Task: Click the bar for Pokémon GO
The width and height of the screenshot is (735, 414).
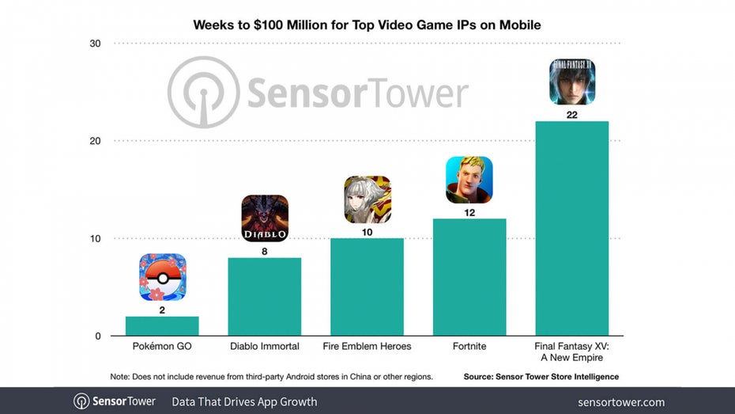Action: click(x=162, y=326)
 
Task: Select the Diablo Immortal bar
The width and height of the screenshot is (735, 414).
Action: click(x=264, y=297)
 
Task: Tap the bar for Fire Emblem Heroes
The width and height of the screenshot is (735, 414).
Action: click(x=367, y=287)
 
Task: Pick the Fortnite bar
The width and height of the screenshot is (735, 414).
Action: click(x=469, y=277)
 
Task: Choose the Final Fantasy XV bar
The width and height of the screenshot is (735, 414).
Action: click(x=571, y=229)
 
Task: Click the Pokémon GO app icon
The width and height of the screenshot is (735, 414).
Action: click(x=162, y=277)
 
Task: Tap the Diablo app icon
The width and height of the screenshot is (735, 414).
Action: click(x=264, y=218)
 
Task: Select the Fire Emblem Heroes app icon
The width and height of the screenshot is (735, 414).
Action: click(x=367, y=199)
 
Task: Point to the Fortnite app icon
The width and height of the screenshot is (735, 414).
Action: click(x=469, y=180)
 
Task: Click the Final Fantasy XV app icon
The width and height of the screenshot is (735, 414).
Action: click(x=571, y=82)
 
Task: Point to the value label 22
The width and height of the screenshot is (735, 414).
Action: click(x=571, y=114)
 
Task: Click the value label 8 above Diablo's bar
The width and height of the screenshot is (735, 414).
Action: click(x=264, y=251)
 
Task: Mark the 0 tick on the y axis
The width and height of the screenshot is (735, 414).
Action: click(x=99, y=336)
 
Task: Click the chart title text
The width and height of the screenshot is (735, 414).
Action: click(x=367, y=25)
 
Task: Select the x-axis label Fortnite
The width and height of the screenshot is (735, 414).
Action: click(x=469, y=347)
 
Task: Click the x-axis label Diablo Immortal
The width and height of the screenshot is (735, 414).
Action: click(x=264, y=347)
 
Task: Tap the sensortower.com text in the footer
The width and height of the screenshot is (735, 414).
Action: click(x=621, y=402)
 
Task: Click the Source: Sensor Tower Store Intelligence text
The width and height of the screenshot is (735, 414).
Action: click(x=542, y=376)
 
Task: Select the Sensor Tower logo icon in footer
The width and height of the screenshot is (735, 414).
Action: click(x=81, y=401)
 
